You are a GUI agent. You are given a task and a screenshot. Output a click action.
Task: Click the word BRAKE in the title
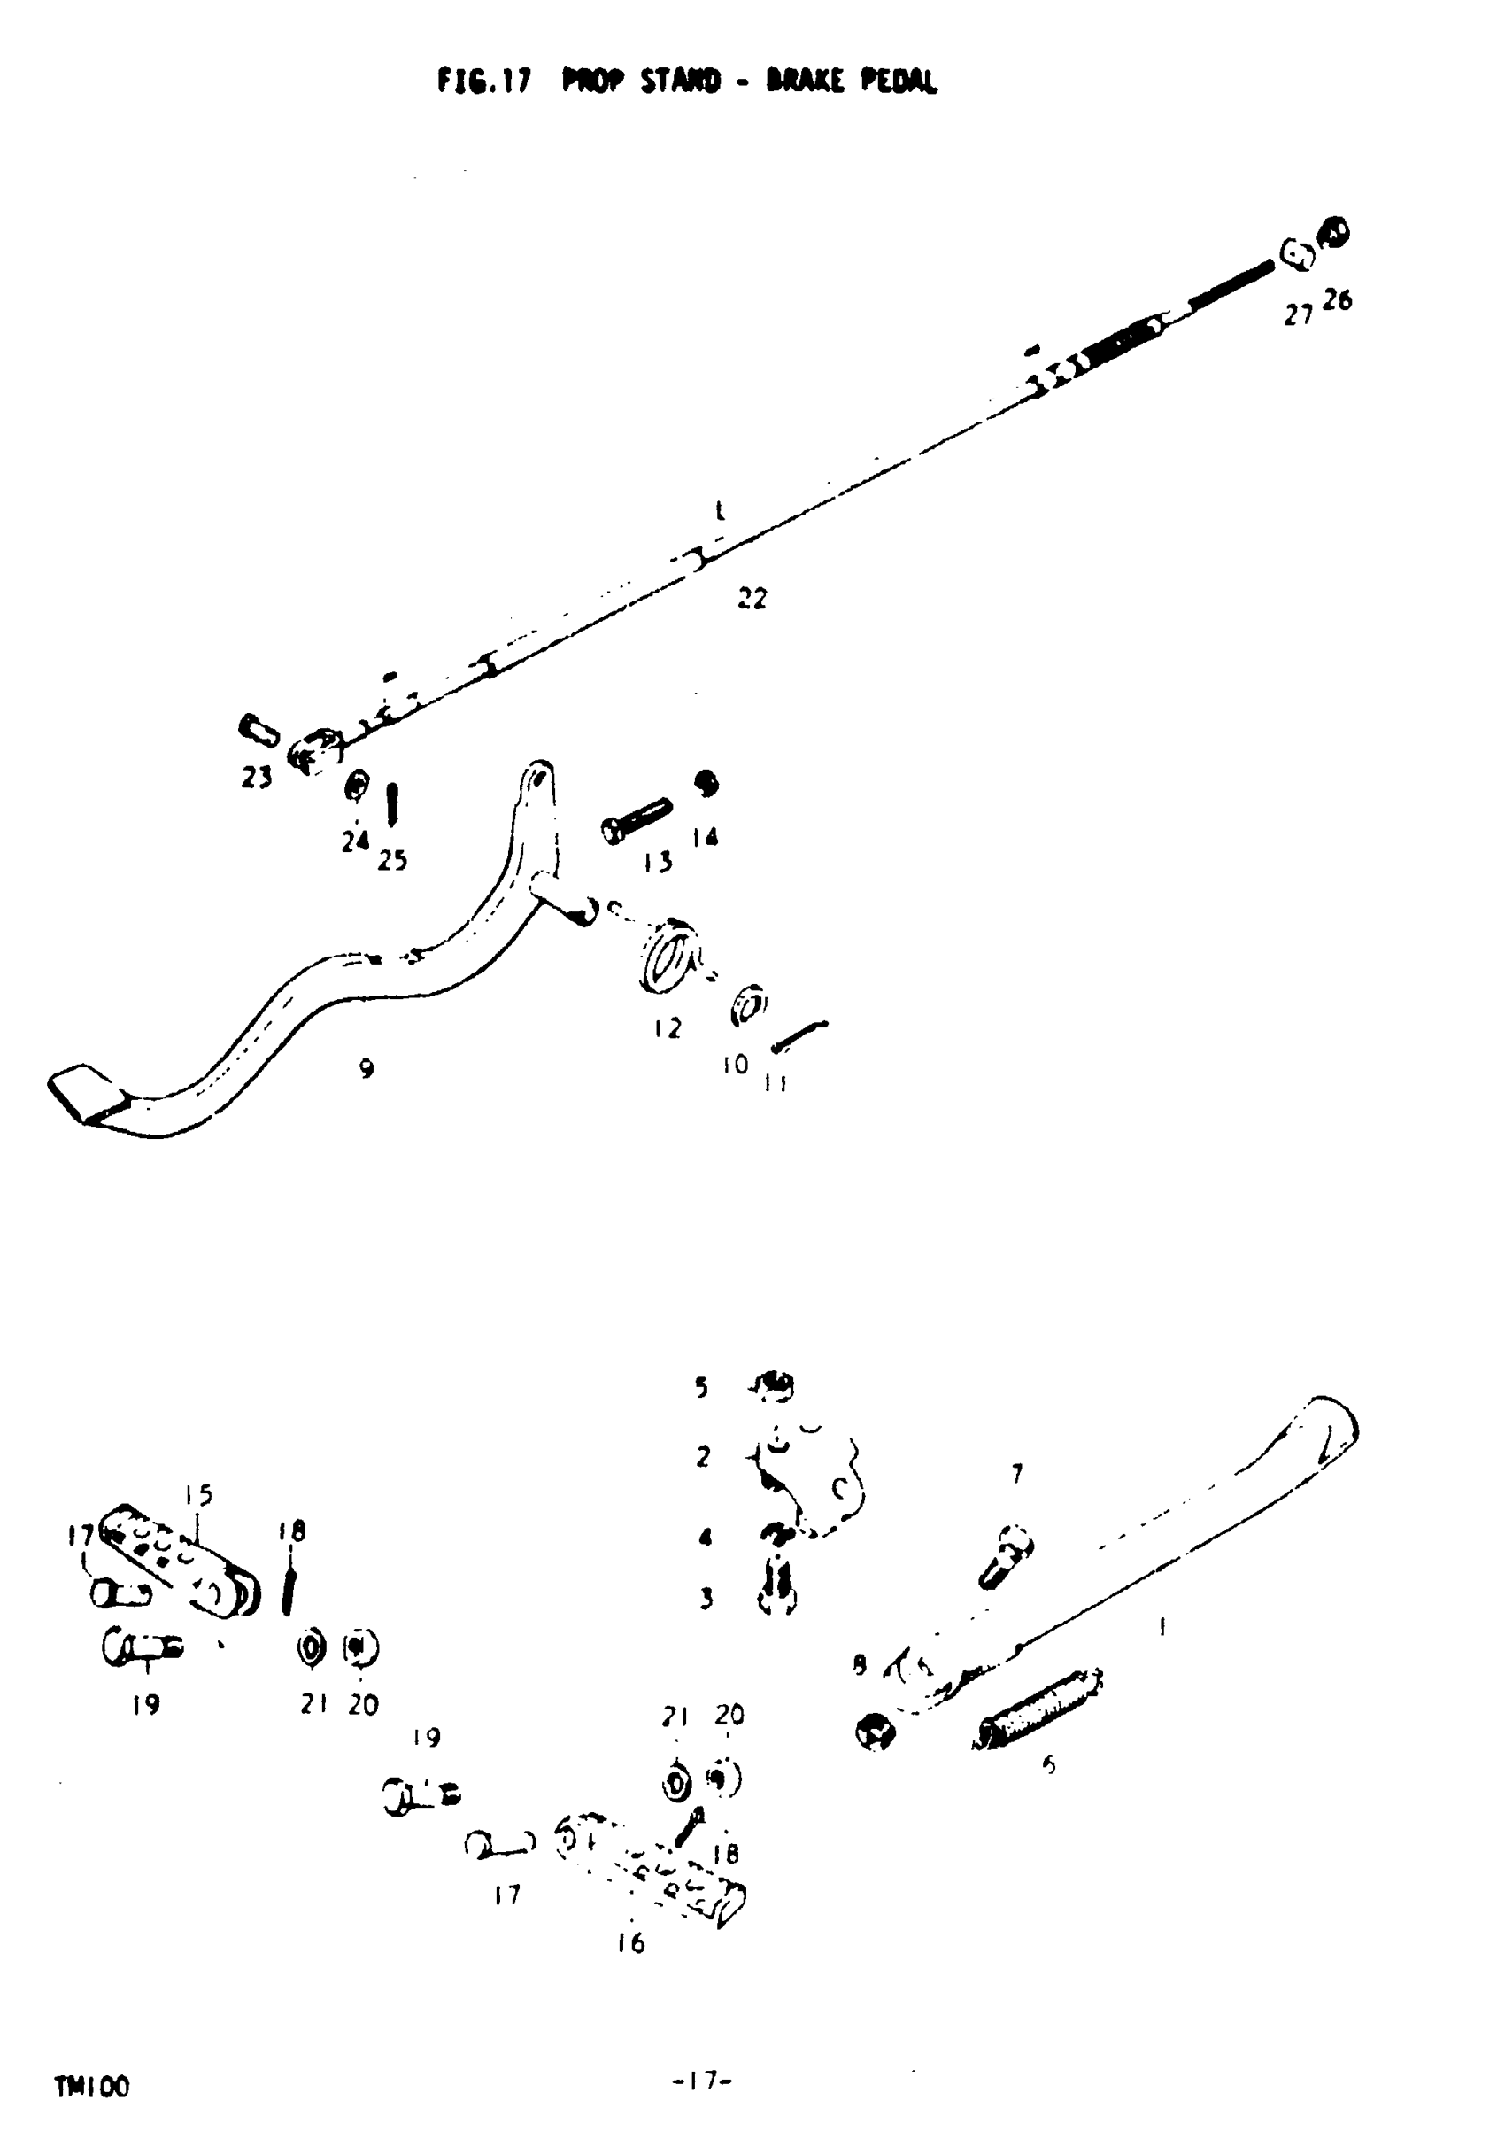[807, 82]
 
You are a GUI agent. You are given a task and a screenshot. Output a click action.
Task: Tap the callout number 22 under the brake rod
[752, 599]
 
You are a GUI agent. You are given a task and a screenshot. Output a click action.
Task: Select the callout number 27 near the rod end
[1297, 316]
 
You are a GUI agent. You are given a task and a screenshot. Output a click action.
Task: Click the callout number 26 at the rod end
[1337, 300]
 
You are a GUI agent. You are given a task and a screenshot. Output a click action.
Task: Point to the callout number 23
[256, 777]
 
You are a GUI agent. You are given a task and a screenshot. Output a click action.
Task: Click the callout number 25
[392, 861]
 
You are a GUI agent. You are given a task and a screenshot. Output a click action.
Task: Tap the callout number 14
[705, 838]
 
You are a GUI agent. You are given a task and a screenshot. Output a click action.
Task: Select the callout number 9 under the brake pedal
[367, 1068]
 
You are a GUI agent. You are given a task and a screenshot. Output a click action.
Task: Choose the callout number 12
[667, 1028]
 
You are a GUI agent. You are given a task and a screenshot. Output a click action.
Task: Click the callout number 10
[735, 1064]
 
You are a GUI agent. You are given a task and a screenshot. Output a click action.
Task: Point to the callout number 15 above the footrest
[198, 1495]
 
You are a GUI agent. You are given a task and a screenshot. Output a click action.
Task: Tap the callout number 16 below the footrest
[630, 1943]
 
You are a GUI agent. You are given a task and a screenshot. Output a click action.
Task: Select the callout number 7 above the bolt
[1017, 1474]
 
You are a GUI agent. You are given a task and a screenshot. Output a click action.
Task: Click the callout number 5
[700, 1387]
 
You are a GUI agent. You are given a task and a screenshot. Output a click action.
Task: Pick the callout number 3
[706, 1599]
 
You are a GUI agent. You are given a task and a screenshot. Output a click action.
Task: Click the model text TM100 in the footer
[92, 2088]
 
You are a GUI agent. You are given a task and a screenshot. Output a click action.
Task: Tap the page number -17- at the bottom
[702, 2080]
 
